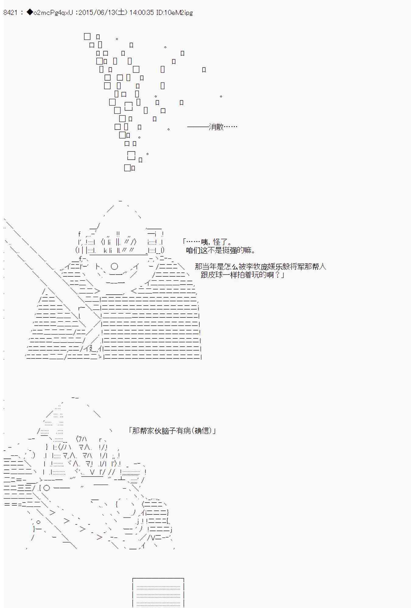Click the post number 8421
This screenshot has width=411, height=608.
pos(10,12)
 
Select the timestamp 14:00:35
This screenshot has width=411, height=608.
pos(142,12)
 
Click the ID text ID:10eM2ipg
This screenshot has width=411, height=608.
pos(174,12)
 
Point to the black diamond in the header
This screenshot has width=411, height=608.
pos(30,12)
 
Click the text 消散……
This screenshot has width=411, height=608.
pos(223,127)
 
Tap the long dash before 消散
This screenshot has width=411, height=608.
pos(198,127)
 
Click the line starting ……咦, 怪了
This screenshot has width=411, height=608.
pos(207,242)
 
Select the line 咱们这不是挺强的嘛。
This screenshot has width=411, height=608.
pos(221,250)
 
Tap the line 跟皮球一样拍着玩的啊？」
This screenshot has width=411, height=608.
pos(242,275)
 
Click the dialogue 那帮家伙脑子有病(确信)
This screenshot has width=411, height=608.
pos(172,430)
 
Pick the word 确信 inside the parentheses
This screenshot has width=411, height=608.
pos(202,430)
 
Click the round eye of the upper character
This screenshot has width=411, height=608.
pos(114,267)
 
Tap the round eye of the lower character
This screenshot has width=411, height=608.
pos(47,488)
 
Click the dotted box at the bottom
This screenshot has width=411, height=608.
pos(158,593)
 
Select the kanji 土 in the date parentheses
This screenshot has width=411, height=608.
pos(121,12)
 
